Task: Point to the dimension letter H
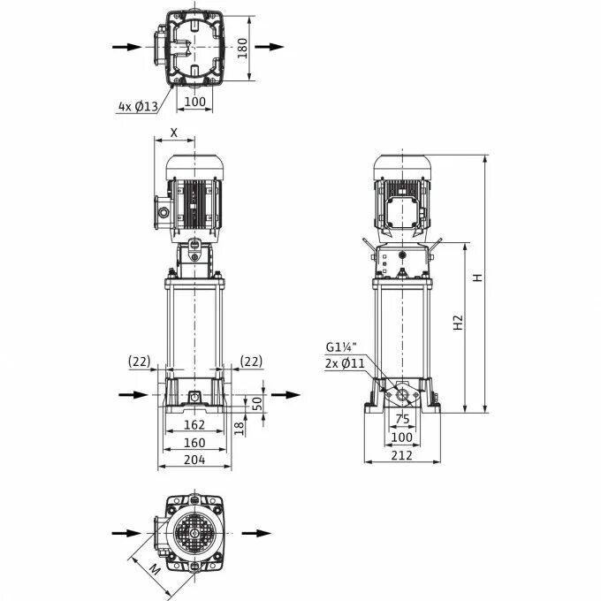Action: click(478, 277)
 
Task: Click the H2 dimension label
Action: click(458, 323)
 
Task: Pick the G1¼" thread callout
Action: click(341, 346)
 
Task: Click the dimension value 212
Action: click(403, 456)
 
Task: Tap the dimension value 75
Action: click(403, 420)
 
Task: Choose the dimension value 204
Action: click(194, 460)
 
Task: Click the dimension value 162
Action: click(194, 425)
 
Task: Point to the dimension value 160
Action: click(194, 442)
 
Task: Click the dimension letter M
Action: click(154, 569)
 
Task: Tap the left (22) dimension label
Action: click(139, 361)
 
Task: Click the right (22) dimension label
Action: click(251, 361)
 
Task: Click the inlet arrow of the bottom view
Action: click(126, 533)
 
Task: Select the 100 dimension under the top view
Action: click(194, 102)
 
